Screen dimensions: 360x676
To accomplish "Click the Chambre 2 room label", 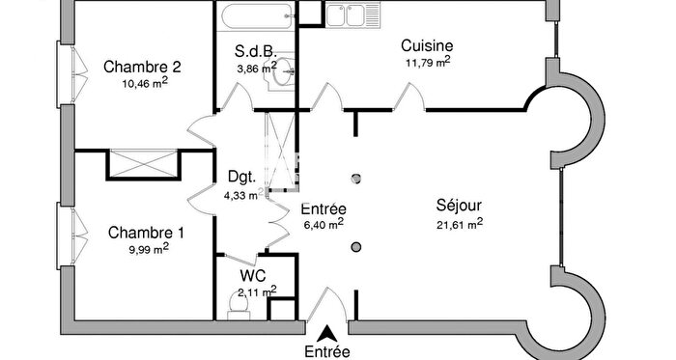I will point(143,68).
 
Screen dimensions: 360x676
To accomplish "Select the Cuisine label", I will point(427,45).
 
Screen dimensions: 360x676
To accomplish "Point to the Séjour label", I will point(459,206).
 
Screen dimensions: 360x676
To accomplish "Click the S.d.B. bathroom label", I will point(255,51).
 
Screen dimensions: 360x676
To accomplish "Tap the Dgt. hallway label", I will point(241,177).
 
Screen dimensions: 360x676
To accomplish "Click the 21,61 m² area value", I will point(459,224).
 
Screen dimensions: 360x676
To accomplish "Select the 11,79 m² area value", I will point(428,64).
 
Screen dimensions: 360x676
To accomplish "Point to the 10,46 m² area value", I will point(146,84).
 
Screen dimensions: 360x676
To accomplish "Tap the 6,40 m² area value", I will point(324,225).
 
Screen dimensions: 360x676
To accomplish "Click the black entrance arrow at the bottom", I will point(327,331).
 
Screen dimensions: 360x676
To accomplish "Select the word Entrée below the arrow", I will point(327,351).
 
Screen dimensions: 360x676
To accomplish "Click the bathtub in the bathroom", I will point(258,18).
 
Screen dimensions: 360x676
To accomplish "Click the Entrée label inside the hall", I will point(324,208).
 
